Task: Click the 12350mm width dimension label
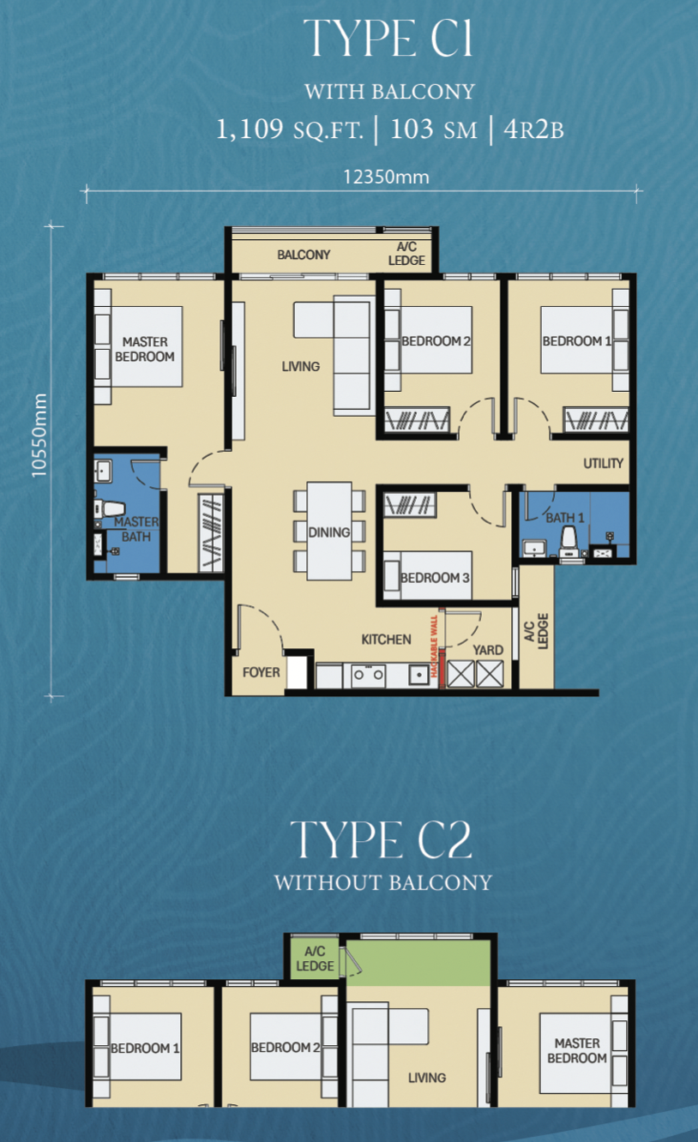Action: click(386, 177)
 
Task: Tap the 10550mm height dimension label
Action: click(39, 436)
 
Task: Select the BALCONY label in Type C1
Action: click(304, 255)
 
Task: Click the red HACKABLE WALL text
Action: click(434, 646)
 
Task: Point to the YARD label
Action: click(488, 650)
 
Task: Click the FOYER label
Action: click(261, 672)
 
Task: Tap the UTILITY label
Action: click(603, 463)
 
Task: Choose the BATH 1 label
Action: click(565, 518)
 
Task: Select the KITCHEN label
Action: click(386, 640)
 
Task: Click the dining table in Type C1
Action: click(329, 531)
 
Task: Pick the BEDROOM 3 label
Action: click(435, 578)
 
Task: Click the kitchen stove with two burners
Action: click(368, 676)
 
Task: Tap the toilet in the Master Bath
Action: click(109, 508)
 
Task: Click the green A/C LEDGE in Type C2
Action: click(315, 959)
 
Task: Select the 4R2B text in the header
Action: click(534, 129)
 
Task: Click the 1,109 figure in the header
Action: click(250, 129)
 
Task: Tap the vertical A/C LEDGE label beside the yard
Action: click(536, 631)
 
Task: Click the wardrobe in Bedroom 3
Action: click(409, 505)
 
